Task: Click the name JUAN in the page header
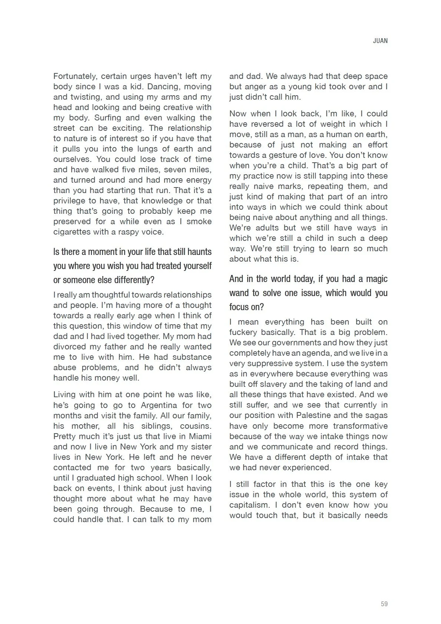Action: pyautogui.click(x=380, y=41)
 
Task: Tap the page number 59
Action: pyautogui.click(x=384, y=604)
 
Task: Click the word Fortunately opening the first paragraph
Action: pyautogui.click(x=75, y=76)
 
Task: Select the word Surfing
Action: pyautogui.click(x=109, y=118)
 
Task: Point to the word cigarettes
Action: pyautogui.click(x=72, y=232)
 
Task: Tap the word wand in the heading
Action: pyautogui.click(x=239, y=293)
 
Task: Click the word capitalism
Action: pyautogui.click(x=249, y=505)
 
